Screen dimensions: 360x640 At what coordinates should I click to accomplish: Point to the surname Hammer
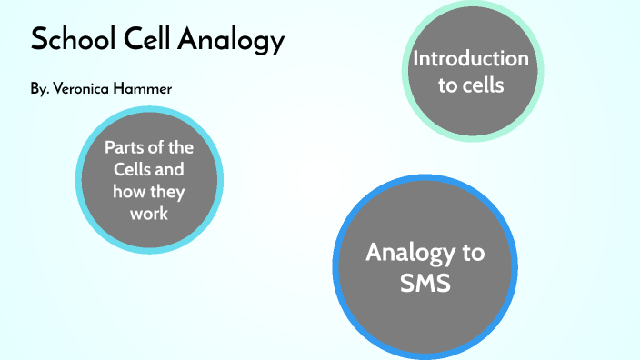point(144,89)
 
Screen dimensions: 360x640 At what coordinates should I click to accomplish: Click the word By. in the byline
point(39,89)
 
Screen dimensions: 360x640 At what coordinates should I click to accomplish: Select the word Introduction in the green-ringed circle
point(470,59)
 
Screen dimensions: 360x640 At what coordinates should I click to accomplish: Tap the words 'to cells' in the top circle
point(470,85)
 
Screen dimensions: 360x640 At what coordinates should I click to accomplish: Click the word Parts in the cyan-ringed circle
point(124,147)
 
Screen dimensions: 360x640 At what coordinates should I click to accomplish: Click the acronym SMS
point(425,283)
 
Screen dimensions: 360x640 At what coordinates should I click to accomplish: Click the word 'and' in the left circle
point(174,169)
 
